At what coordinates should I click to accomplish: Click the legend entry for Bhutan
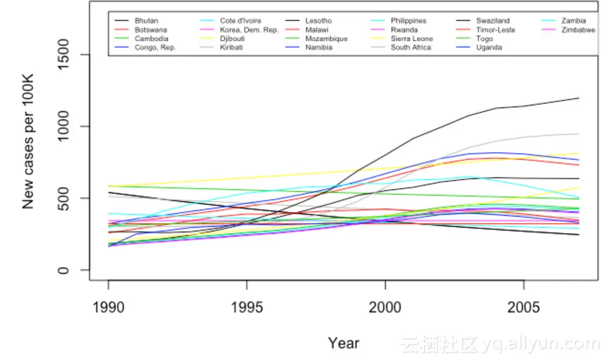coord(146,21)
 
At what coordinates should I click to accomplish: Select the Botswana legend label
coord(150,29)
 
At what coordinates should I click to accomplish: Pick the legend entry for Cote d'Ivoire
coord(240,21)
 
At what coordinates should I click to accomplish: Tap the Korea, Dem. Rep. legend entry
coord(249,29)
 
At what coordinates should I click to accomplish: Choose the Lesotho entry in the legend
coord(318,21)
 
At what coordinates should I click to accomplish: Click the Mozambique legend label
coord(326,39)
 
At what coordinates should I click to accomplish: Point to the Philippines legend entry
coord(408,21)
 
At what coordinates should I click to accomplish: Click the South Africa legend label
coord(411,47)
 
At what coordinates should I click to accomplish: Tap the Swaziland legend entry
coord(492,21)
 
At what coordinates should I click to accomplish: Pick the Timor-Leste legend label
coord(495,29)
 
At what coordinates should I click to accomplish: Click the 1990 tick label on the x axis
coord(109,307)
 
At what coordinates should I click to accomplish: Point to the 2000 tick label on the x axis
coord(385,307)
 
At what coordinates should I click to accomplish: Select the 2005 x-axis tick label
coord(524,307)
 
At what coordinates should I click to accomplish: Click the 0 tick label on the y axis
coord(64,270)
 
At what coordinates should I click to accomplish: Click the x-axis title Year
coord(343,343)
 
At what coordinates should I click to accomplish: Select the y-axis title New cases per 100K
coord(28,141)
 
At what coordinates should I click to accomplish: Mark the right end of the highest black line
coord(579,98)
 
